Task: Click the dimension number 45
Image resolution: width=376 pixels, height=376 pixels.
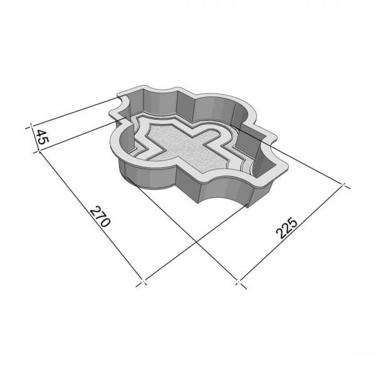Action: coord(42,137)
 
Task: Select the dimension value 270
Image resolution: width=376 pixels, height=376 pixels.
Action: coord(100,216)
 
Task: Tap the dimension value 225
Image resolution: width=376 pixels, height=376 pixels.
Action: coord(286,228)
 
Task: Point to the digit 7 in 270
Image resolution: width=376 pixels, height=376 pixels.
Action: coord(100,216)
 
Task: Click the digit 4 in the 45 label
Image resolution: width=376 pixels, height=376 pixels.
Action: coord(42,133)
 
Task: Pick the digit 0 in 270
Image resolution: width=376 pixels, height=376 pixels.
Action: coord(105,222)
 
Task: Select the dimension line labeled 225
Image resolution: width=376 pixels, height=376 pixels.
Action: coord(291,233)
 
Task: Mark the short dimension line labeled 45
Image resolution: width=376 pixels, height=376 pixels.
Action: coord(34,138)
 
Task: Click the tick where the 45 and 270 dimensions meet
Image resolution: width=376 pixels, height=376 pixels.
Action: coord(39,152)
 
